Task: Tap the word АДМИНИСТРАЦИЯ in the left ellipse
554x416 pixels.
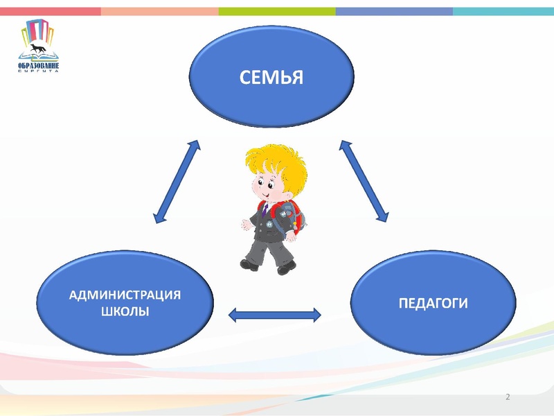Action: click(x=125, y=295)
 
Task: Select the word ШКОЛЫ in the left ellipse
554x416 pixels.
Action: click(x=125, y=312)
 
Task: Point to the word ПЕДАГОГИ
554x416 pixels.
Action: click(x=434, y=303)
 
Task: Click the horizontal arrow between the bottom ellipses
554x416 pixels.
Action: click(x=275, y=315)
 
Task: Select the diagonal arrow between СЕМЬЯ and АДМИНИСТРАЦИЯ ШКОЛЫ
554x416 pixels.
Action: click(x=176, y=182)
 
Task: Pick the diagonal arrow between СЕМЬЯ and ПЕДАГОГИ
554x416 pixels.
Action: click(x=365, y=181)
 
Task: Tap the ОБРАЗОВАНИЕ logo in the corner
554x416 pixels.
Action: click(x=39, y=46)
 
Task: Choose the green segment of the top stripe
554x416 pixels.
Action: click(x=277, y=11)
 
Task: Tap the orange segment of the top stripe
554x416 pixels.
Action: click(x=159, y=11)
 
